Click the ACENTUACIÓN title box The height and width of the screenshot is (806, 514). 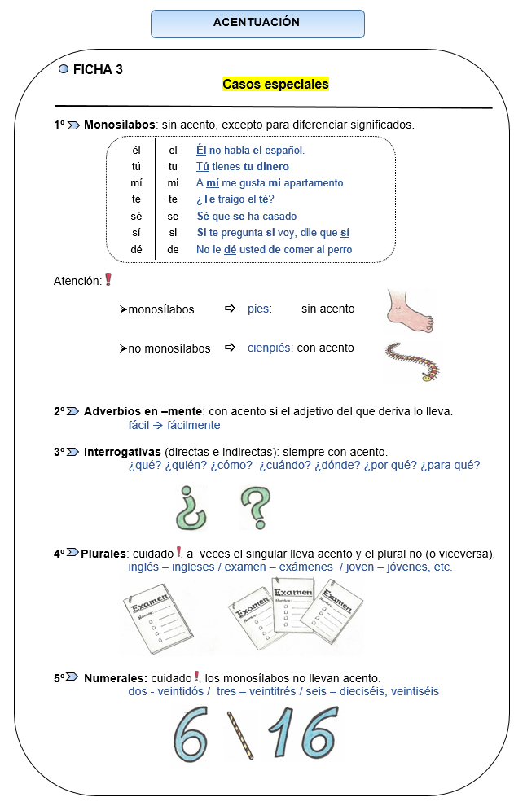257,24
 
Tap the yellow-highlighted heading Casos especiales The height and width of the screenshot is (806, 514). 275,84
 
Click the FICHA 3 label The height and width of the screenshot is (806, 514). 98,70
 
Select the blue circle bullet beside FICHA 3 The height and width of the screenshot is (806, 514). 64,70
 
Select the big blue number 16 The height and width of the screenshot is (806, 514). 305,733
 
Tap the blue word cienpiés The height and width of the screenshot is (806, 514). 269,348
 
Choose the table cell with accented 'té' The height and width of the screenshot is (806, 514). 136,199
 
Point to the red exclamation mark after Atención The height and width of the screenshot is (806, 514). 108,279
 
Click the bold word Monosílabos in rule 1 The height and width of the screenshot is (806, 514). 119,125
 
